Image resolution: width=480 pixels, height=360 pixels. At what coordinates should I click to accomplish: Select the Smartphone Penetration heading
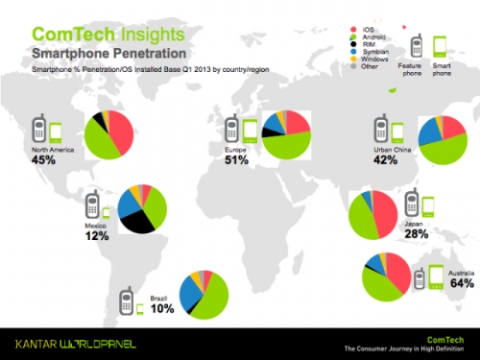tap(94, 52)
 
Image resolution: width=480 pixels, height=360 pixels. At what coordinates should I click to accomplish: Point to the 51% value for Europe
tap(235, 159)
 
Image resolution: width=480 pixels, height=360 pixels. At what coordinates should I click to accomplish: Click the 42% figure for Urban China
tap(386, 161)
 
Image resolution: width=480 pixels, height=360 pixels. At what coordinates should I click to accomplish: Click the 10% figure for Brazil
tap(135, 307)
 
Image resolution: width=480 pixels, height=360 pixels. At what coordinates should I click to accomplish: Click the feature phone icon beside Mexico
tap(91, 205)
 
